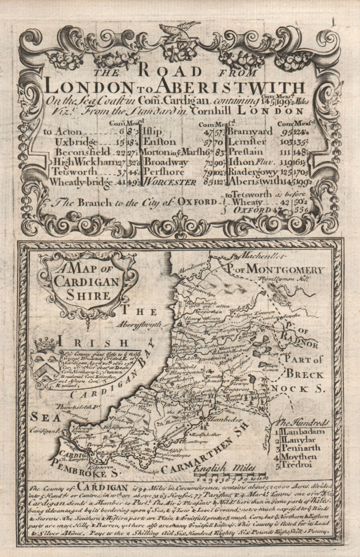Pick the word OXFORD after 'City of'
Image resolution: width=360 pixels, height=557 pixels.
[x=197, y=202]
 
